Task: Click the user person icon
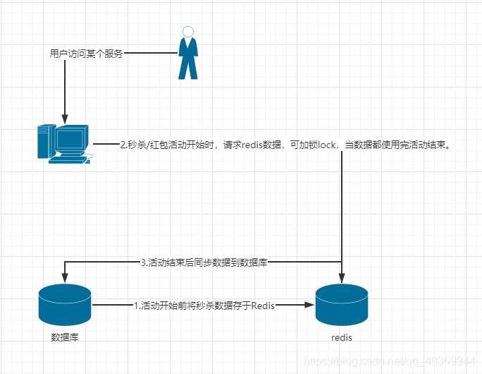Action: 187,54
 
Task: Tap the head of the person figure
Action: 187,31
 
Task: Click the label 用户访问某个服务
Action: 86,53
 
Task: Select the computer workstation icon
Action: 64,143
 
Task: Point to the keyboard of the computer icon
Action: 68,159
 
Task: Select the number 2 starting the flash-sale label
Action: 123,145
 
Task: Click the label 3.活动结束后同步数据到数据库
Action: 204,263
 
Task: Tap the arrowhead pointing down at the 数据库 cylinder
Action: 64,276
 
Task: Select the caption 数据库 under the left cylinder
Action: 64,337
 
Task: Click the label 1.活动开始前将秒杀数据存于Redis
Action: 204,305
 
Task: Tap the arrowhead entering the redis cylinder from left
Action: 309,305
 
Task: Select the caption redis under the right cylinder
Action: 341,338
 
